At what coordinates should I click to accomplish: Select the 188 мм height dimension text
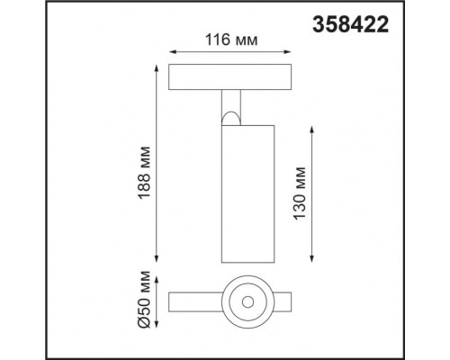[143, 162]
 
